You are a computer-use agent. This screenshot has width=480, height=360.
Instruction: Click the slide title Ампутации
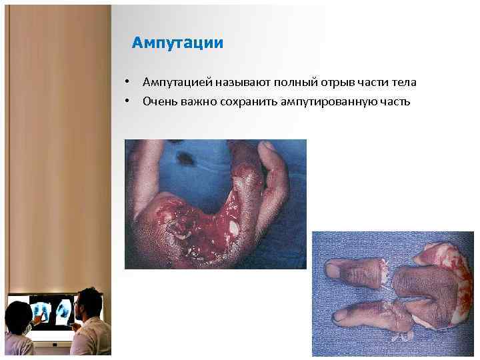click(177, 43)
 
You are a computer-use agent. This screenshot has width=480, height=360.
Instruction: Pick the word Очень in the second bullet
click(158, 101)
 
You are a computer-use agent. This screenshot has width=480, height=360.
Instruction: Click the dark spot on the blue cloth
click(183, 158)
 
